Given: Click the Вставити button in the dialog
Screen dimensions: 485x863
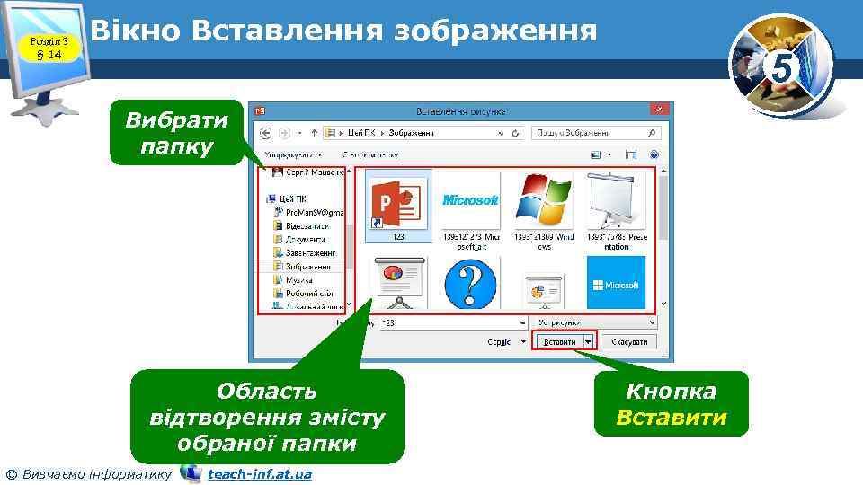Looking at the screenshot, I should click(559, 342).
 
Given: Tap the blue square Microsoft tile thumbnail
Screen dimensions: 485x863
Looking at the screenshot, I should click(616, 284).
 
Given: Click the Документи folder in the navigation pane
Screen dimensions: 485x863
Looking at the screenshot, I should click(305, 240).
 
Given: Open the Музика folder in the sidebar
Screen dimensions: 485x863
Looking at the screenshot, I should click(300, 279).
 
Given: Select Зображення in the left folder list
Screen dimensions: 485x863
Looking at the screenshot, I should click(307, 267).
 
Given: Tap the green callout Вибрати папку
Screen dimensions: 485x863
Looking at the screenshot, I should click(176, 133).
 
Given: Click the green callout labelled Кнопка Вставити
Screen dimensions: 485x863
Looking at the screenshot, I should click(671, 404).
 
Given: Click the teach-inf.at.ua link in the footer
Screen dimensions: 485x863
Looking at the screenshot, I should click(259, 473).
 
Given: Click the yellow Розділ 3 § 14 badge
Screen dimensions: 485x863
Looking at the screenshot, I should click(45, 48).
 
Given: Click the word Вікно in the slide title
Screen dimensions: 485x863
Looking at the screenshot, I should click(136, 31).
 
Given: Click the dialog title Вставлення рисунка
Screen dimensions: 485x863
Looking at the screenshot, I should click(460, 111).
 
